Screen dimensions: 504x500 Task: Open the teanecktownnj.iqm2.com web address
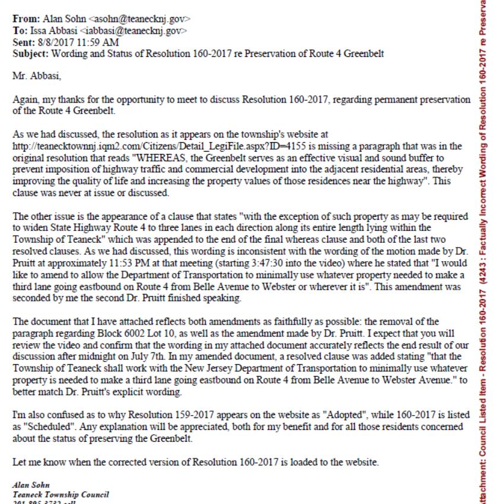point(142,145)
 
